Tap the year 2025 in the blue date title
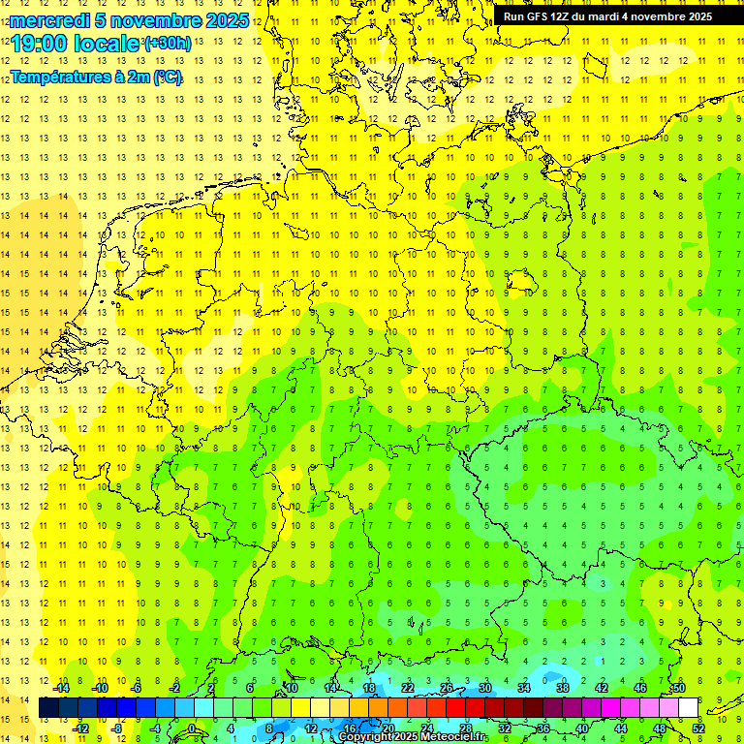coord(225,20)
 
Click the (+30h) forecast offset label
coord(167,43)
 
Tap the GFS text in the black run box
coord(542,16)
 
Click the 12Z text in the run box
coord(569,16)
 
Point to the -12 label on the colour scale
coord(80,728)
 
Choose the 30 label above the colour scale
coord(484,688)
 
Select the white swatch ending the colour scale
coord(688,708)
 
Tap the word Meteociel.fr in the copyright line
coord(454,737)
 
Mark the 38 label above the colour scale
coord(562,688)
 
